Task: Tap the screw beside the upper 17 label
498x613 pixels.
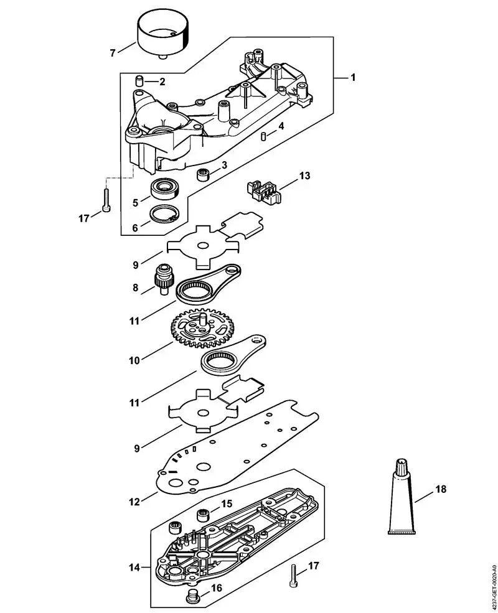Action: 106,200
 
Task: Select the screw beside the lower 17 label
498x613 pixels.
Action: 293,576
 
